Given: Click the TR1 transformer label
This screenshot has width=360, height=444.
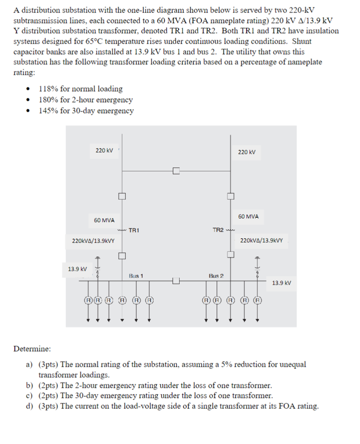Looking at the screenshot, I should coord(134,230).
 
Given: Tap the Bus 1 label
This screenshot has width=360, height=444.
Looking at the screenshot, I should coord(136,276).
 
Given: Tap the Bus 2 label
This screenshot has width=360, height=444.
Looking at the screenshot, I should coord(216,276).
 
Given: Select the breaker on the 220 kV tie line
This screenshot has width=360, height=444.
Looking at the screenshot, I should coord(176,171).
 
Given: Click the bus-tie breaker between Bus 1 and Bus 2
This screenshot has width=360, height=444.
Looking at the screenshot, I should coord(176,280).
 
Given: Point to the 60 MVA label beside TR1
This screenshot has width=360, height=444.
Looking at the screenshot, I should coord(104,220).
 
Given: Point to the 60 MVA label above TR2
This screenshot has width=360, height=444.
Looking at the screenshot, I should coord(248,217).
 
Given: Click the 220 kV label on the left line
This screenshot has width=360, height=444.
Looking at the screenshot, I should coord(104,150).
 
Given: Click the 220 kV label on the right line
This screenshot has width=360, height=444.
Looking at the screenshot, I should coord(247,152).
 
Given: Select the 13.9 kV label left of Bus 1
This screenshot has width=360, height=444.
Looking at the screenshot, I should coord(77,269).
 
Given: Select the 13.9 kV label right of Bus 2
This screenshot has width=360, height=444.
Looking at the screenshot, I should coord(281,283).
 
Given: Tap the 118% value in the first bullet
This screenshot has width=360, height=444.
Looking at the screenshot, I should coord(48,89).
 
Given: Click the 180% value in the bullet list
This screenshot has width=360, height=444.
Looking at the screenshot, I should coord(48,100).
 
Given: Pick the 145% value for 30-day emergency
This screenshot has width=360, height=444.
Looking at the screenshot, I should coord(48,110).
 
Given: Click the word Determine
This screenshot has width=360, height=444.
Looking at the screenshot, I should coord(32,348).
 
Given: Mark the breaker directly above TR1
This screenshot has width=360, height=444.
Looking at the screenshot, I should coord(122,196).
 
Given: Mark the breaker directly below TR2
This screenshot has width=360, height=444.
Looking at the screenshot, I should coord(230,254).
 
